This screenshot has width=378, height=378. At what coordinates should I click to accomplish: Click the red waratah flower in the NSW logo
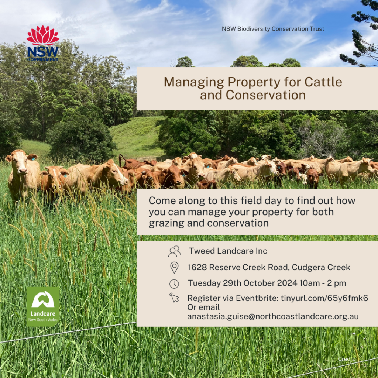point(43,35)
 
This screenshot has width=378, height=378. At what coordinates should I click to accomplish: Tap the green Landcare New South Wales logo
point(43,306)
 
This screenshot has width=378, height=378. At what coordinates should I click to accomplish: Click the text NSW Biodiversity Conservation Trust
point(273,29)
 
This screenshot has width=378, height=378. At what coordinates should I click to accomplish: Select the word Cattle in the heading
point(323,82)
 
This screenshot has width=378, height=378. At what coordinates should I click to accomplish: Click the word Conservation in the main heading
point(266,95)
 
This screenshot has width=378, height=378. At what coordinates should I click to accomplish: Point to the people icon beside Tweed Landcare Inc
point(174,251)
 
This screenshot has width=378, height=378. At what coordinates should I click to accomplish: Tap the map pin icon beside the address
point(174,268)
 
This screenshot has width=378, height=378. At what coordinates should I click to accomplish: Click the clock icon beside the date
point(174,284)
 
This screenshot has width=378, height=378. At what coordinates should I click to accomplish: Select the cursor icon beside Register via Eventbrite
point(174,298)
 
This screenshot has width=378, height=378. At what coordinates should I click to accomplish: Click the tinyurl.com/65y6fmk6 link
point(324,298)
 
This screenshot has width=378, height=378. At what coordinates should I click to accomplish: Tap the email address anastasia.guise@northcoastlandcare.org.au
point(273,316)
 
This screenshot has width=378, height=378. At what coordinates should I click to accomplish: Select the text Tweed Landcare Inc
point(228,251)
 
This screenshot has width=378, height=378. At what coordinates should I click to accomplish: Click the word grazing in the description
point(166,223)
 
